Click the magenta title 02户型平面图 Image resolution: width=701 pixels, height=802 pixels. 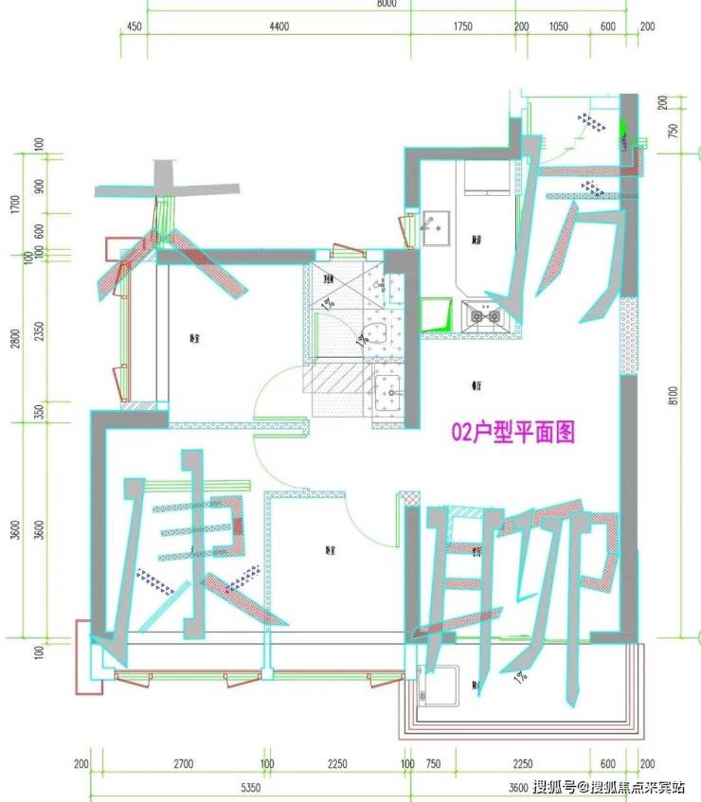pos(512,432)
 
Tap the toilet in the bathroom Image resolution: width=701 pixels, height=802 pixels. pos(373,332)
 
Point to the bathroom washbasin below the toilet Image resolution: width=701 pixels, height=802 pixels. pos(388,390)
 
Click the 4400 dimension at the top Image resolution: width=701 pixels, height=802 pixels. pos(279,27)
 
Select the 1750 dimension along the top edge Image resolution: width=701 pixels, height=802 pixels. pos(462,27)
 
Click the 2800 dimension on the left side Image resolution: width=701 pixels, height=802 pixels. pos(14,338)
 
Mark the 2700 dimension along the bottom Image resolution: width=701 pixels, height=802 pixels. pos(184,764)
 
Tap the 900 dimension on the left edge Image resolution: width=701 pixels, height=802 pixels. pos(39,186)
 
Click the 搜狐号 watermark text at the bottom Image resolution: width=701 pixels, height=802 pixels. pos(555,786)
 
